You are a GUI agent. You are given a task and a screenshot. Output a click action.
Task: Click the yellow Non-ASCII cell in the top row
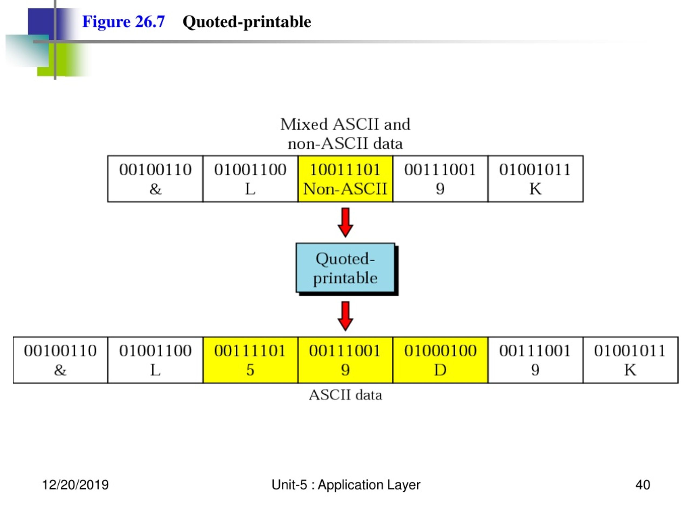pos(345,179)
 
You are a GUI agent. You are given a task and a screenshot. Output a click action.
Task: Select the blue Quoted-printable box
pos(345,268)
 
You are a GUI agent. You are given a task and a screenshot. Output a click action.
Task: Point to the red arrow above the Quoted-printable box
pos(345,222)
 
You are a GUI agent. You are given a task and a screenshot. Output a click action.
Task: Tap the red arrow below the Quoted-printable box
pos(345,316)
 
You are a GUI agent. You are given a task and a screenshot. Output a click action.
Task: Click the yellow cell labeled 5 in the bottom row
pos(250,360)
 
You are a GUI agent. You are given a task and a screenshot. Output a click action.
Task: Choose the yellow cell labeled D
pos(441,360)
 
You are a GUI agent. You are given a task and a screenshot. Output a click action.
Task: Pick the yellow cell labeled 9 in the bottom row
pos(345,360)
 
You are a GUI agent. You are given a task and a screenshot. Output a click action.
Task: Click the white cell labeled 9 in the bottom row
pos(535,360)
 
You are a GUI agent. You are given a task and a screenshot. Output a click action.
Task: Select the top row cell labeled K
pos(535,179)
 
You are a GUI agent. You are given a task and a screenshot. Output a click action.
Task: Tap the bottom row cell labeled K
pos(631,360)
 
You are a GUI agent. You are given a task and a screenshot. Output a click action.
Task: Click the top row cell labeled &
pos(155,179)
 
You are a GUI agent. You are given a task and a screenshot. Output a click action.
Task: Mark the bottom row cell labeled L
pos(155,360)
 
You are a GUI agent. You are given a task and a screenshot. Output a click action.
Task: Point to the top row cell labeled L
pos(250,179)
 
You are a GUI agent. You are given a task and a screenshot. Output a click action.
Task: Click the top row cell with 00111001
pos(441,179)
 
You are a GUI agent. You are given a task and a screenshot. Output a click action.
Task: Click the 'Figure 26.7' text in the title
pos(123,22)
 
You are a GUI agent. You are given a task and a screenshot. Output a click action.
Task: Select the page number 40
pos(643,485)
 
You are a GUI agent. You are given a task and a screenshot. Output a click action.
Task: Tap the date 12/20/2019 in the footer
pos(75,485)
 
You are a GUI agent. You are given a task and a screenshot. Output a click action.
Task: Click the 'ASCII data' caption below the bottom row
pos(345,395)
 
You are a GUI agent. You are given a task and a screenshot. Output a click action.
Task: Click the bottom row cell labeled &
pos(60,360)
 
